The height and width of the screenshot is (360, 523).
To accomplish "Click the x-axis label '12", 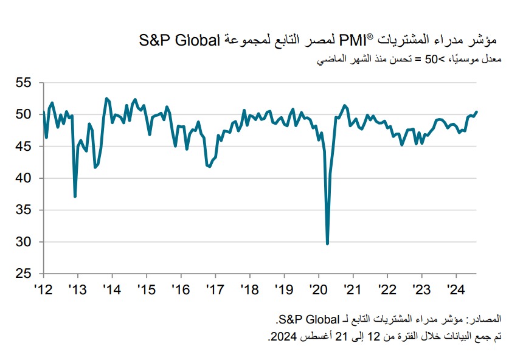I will pos(42,288).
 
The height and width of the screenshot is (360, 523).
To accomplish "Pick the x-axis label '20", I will pos(319,288).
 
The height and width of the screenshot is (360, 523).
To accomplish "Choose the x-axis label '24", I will pos(457,288).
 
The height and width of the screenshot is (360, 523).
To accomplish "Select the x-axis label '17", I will pos(215,288).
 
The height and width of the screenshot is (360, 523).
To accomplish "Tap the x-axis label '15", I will pos(146,288).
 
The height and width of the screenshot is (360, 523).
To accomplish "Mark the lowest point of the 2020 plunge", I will pos(328,244).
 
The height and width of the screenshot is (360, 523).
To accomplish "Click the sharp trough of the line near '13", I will pos(75,196).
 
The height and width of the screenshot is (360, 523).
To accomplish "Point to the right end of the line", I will pos(477,111).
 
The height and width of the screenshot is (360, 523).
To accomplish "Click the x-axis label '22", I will pos(387,288).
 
